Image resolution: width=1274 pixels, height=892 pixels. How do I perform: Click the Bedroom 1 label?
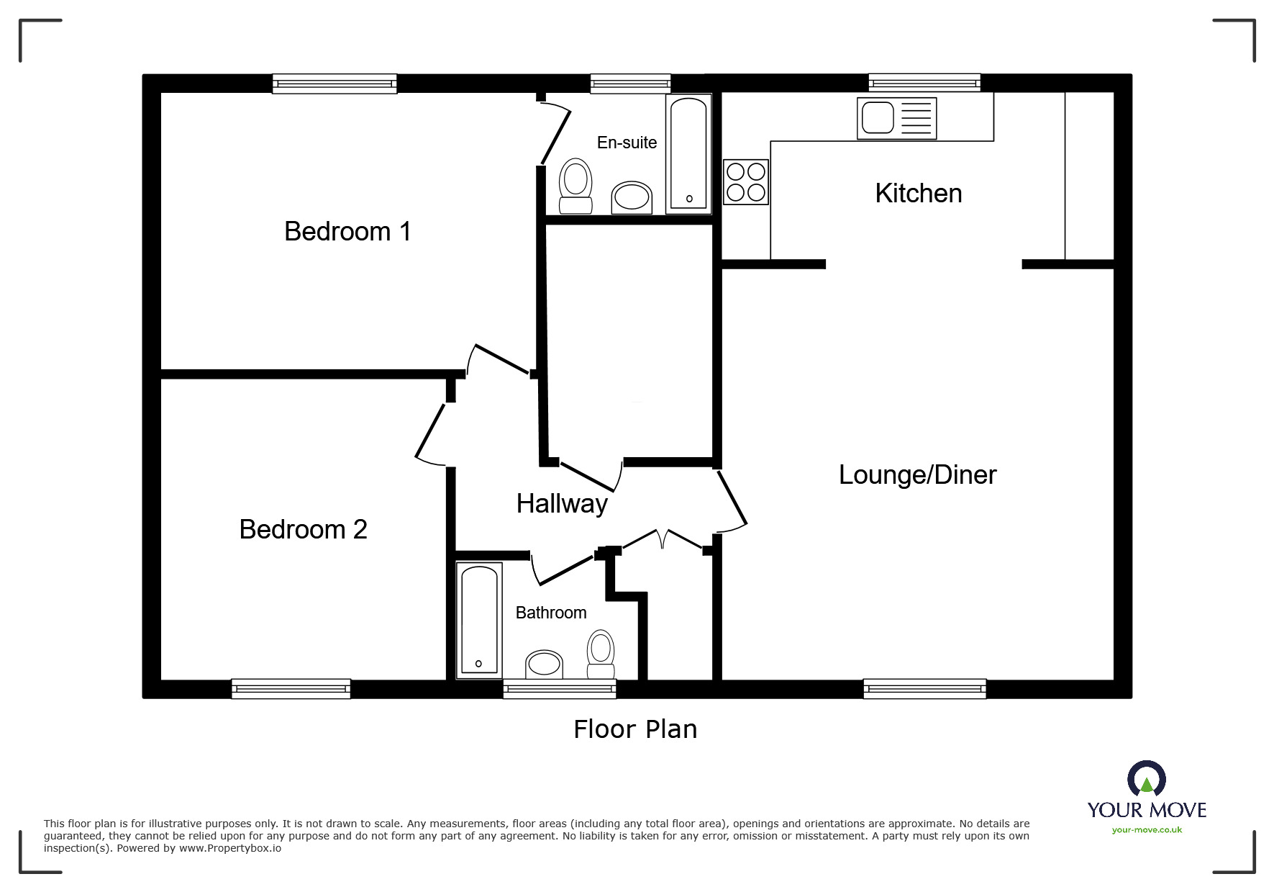(x=347, y=232)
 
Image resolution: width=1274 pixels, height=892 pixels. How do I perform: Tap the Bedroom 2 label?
(x=303, y=530)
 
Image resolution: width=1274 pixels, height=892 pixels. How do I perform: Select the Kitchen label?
(x=918, y=194)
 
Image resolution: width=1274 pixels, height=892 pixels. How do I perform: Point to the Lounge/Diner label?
(x=917, y=475)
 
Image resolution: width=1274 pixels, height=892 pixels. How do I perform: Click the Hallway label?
(x=562, y=504)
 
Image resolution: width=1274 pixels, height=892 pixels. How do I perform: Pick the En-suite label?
(x=627, y=143)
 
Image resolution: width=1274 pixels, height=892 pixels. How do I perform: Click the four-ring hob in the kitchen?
(x=745, y=182)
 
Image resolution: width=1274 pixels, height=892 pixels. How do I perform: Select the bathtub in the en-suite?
(x=688, y=153)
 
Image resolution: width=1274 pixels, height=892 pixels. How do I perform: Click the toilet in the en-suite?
(x=575, y=186)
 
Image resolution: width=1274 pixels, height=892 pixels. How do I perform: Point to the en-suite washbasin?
(x=632, y=197)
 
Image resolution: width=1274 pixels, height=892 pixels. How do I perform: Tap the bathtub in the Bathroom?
(x=479, y=620)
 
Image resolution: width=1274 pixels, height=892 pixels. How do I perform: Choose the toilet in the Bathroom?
(x=601, y=654)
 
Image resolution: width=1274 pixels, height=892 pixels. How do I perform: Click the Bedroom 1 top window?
(x=335, y=84)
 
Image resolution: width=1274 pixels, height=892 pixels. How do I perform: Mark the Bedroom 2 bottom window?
(x=291, y=689)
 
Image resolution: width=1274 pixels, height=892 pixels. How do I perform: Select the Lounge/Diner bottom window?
(x=924, y=689)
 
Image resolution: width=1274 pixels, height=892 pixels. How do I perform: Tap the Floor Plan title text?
(x=635, y=729)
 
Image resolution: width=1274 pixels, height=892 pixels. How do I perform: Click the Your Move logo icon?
(x=1146, y=780)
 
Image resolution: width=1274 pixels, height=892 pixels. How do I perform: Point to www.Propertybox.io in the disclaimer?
(x=229, y=848)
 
